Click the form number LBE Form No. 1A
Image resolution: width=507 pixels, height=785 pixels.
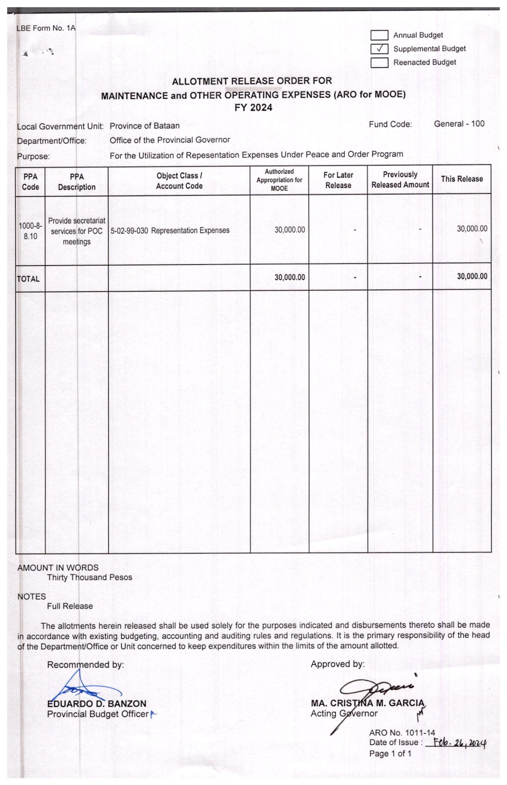[x=46, y=28]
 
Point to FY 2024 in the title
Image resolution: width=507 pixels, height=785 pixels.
[x=253, y=108]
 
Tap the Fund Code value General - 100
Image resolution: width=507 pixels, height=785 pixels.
[x=459, y=124]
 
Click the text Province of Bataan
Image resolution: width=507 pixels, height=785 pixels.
[x=144, y=126]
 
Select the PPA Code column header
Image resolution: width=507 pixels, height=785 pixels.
[x=30, y=182]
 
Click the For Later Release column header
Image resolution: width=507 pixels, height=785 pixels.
[x=338, y=180]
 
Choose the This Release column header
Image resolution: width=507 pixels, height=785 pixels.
[x=462, y=179]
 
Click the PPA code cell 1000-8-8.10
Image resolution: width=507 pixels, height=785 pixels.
[x=30, y=231]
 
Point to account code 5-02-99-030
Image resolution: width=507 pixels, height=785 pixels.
[x=129, y=231]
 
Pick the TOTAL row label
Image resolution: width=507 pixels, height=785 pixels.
[x=28, y=279]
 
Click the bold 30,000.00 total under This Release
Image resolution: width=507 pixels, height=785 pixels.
[x=472, y=277]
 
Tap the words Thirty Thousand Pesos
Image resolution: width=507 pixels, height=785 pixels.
[x=90, y=577]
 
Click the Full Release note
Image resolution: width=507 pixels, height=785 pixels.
[x=70, y=606]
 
